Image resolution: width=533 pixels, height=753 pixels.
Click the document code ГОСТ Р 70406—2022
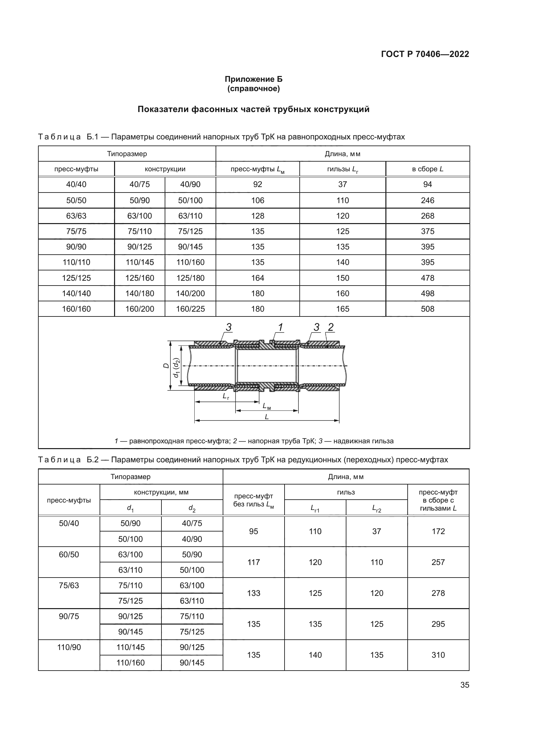coord(425,54)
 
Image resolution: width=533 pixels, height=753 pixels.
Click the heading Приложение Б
coord(253,80)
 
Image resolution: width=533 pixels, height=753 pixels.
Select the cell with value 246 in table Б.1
coord(427,200)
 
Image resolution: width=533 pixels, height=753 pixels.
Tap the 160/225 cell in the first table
coord(190,309)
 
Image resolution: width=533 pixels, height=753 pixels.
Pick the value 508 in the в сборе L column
coord(427,309)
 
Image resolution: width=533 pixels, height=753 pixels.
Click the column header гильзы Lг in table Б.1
coord(342,169)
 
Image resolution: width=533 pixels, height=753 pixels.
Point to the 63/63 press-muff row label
coord(76,216)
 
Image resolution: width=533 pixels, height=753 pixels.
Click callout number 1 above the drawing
coord(281,327)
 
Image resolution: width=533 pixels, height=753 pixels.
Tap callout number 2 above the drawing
coord(331,327)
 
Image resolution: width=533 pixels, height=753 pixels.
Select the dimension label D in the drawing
coord(166,365)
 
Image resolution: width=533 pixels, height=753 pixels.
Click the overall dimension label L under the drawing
coord(266,417)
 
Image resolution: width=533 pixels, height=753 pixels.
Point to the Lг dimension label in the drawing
coord(226,397)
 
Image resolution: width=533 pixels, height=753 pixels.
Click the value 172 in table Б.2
coord(438,531)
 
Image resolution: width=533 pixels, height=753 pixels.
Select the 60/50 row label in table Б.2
coord(69,555)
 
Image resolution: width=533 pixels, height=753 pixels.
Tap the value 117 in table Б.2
coord(253,562)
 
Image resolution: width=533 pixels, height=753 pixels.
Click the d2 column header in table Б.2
coord(192,508)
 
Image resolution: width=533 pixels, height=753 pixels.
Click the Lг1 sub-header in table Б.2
coord(315,508)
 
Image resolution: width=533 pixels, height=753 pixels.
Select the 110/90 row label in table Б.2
coord(69,647)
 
